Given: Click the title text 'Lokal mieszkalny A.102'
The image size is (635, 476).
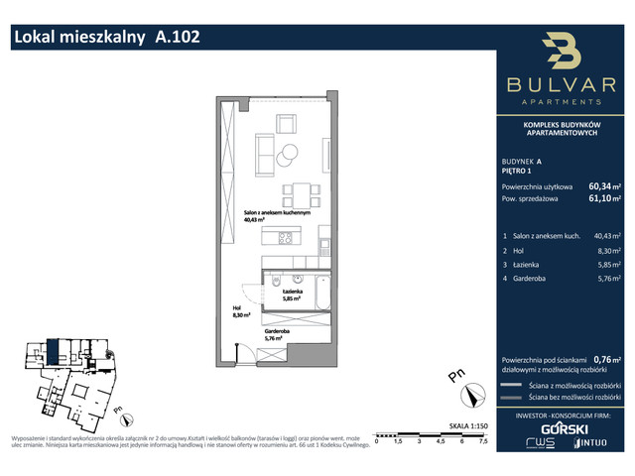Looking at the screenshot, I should pos(106,39).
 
